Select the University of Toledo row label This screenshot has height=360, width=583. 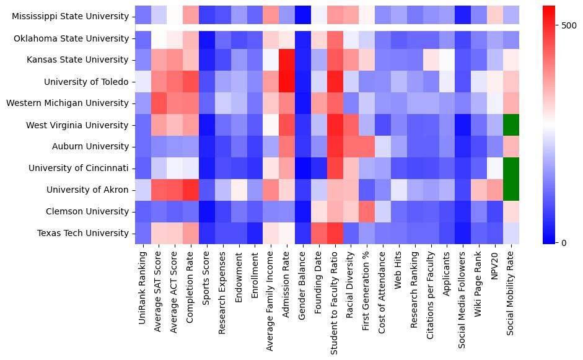click(x=86, y=82)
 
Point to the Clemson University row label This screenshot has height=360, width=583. click(x=87, y=212)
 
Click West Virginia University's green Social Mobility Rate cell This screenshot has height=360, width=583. click(x=511, y=125)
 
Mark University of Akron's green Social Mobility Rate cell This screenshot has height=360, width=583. click(x=511, y=190)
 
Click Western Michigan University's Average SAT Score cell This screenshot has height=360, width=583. click(x=159, y=103)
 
